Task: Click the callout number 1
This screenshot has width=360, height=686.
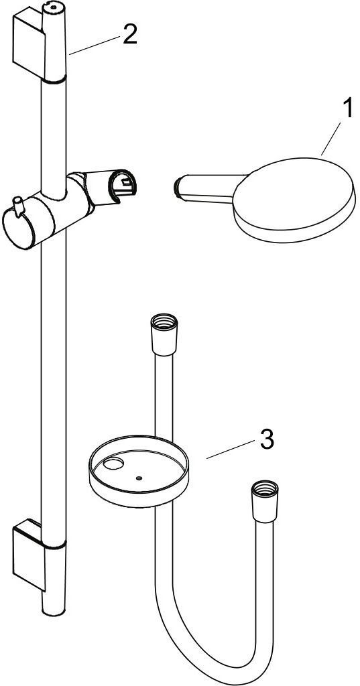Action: point(347,109)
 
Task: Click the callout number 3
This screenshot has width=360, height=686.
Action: point(267,439)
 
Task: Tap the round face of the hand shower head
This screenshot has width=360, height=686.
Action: point(294,194)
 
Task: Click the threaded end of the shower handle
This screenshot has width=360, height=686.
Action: point(177,187)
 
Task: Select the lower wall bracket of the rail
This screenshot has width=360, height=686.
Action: point(29,553)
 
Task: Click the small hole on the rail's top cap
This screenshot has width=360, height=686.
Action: point(54,7)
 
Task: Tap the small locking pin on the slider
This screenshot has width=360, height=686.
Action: point(18,206)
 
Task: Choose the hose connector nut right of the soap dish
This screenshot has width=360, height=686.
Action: point(265,501)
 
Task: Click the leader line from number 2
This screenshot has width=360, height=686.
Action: point(94,46)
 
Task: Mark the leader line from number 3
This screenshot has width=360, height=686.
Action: point(231,450)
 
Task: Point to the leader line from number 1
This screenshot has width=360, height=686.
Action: point(331,139)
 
